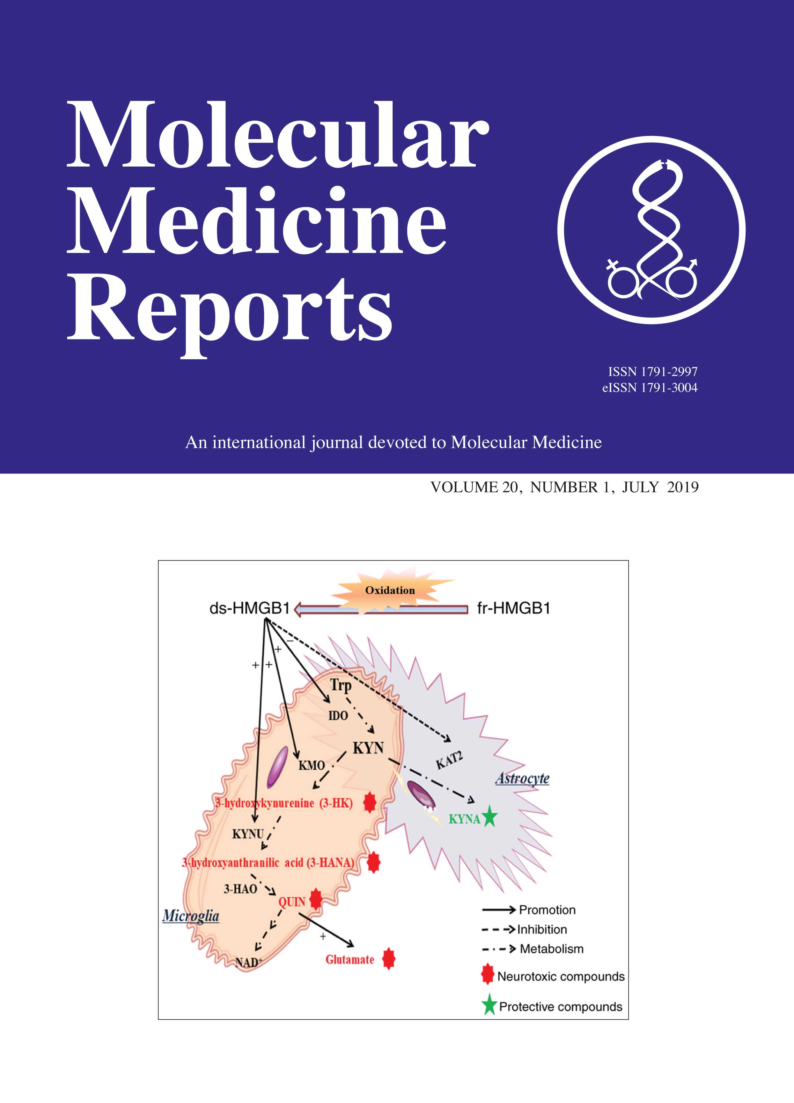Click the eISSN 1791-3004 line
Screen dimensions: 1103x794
pos(650,388)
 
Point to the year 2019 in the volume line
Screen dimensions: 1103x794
pos(683,487)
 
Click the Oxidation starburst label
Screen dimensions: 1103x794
pos(390,590)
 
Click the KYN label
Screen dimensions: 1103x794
pos(368,748)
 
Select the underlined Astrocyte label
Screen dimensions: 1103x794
pos(522,778)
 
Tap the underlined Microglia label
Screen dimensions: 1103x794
pos(190,916)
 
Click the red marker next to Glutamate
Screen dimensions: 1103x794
pos(388,959)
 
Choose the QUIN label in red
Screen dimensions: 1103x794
pos(291,902)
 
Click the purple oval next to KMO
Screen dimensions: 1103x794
pos(277,767)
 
